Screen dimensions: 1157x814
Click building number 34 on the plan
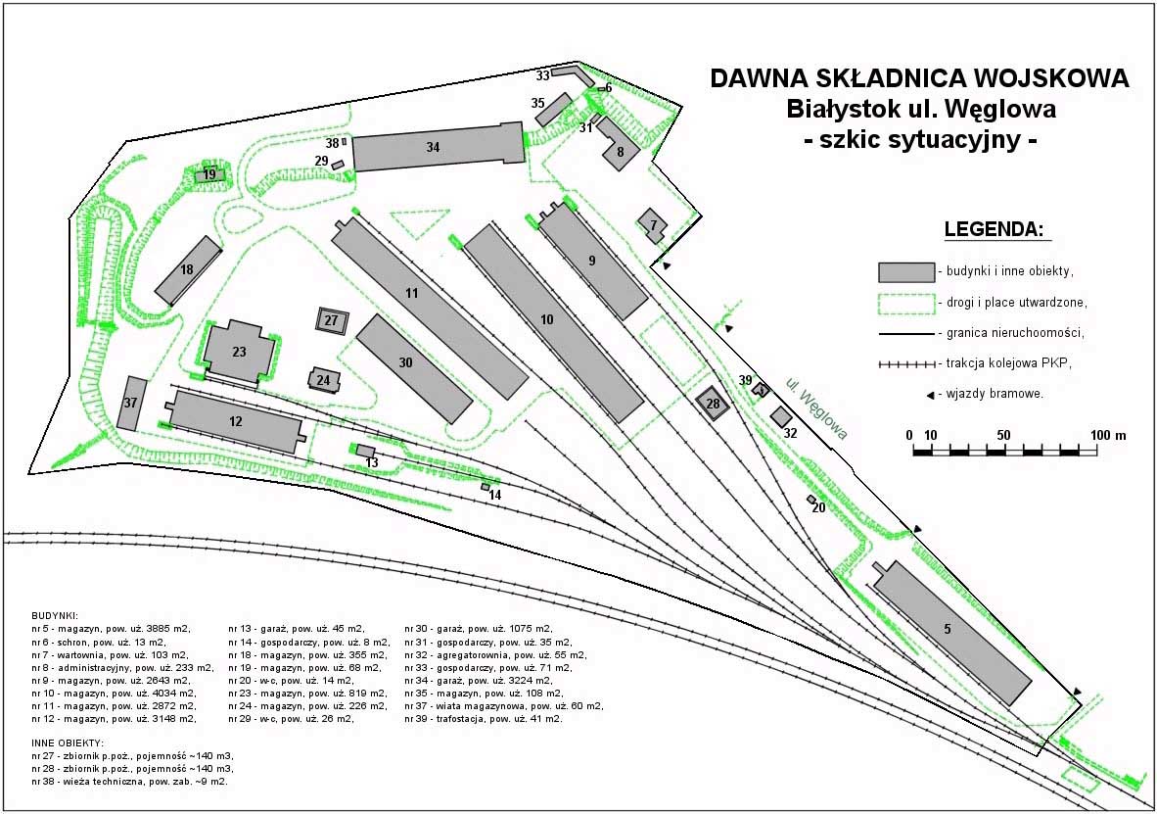pyautogui.click(x=439, y=147)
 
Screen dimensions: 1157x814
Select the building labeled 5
pyautogui.click(x=951, y=632)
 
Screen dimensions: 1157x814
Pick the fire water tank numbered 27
pyautogui.click(x=332, y=320)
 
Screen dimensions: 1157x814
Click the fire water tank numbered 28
pyautogui.click(x=713, y=404)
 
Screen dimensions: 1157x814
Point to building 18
pyautogui.click(x=188, y=270)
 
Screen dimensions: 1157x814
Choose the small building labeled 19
pyautogui.click(x=210, y=175)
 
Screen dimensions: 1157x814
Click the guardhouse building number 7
pyautogui.click(x=652, y=225)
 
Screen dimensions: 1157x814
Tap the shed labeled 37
pyautogui.click(x=133, y=404)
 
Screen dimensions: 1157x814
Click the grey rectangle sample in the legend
pyautogui.click(x=906, y=272)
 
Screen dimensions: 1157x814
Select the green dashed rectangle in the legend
pyautogui.click(x=906, y=303)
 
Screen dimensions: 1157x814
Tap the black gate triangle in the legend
pyautogui.click(x=931, y=395)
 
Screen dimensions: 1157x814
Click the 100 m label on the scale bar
pyautogui.click(x=1108, y=436)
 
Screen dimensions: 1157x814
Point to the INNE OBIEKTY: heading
pyautogui.click(x=68, y=742)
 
